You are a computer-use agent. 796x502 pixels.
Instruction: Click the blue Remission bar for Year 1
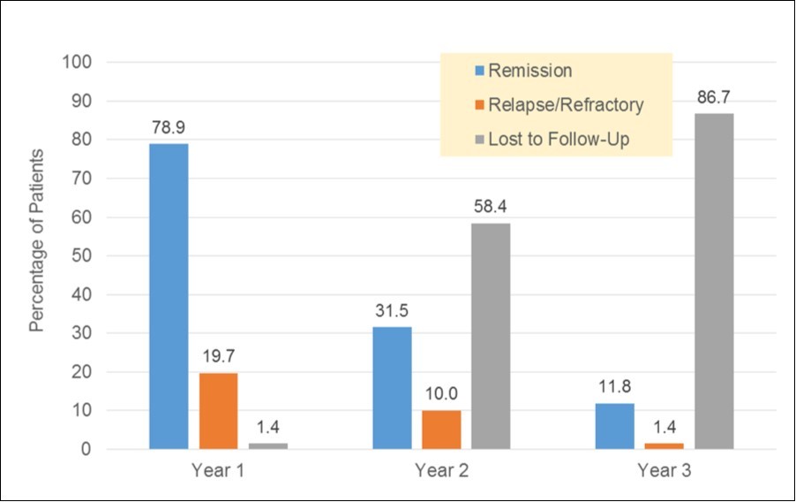point(168,296)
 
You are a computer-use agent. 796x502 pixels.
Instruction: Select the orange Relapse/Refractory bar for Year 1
point(217,411)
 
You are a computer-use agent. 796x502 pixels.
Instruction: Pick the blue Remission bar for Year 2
point(391,388)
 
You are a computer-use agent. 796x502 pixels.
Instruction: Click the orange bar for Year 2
point(440,430)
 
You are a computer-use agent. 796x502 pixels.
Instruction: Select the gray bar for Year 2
point(490,336)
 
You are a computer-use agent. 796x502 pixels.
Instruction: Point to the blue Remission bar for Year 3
point(614,426)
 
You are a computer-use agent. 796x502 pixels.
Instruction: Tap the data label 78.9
point(168,127)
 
